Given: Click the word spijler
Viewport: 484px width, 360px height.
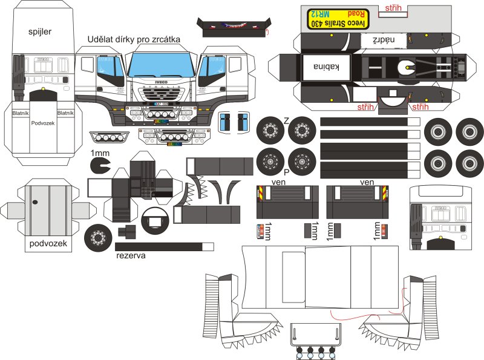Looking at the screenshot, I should [x=40, y=31].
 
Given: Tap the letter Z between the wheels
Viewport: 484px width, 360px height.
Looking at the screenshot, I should [x=286, y=121].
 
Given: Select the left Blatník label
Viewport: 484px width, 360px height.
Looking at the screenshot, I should [x=21, y=113].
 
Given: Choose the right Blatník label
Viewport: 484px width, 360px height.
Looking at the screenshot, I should [x=65, y=113].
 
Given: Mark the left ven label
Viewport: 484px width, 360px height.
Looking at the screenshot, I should [x=279, y=181].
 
